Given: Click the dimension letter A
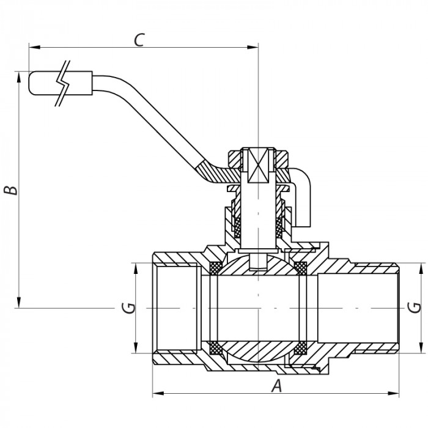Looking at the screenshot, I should tap(277, 385).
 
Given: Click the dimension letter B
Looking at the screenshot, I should tap(10, 190).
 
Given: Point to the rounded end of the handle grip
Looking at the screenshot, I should tap(32, 84).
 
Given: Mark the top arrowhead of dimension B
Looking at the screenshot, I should tap(20, 76).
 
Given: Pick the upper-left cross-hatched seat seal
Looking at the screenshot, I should tap(216, 267).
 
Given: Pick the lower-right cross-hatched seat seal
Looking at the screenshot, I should tap(300, 349).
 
